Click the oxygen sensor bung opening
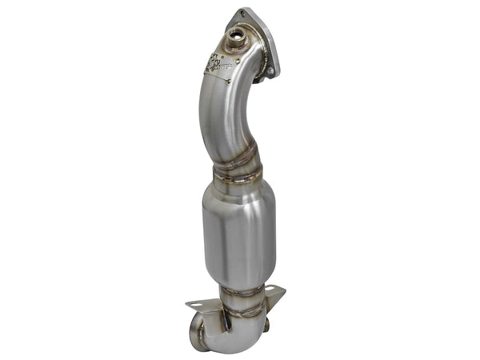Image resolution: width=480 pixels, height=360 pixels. pos(237,35)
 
